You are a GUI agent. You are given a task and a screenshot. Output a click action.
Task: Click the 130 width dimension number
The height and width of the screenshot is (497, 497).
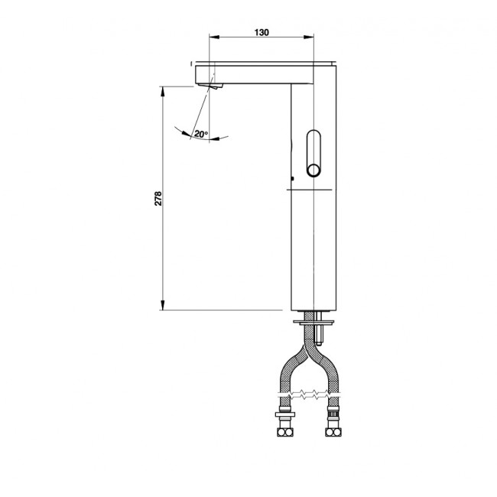(x=261, y=32)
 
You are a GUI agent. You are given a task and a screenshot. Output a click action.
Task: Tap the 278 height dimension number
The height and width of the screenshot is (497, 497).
(x=158, y=199)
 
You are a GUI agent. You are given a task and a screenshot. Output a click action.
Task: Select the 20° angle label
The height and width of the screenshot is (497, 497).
(x=200, y=134)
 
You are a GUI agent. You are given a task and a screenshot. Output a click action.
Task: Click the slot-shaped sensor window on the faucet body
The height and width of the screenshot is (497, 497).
(x=313, y=153)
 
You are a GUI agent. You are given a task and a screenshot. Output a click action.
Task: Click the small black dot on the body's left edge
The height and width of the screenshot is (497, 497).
(x=291, y=180)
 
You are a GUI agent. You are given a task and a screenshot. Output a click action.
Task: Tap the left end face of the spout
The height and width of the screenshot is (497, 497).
(x=197, y=76)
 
